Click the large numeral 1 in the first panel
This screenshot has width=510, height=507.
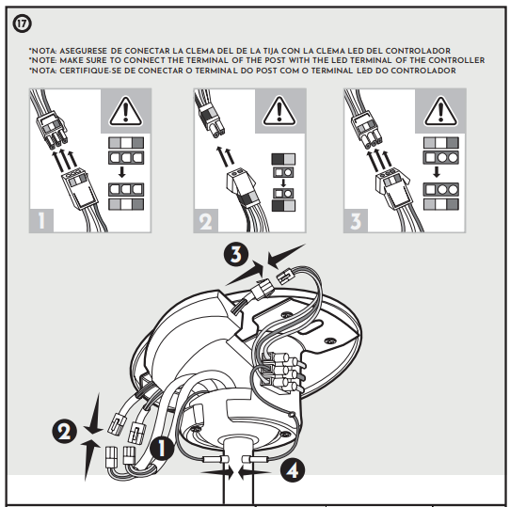[x=41, y=221]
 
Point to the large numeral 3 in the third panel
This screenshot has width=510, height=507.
[x=356, y=221]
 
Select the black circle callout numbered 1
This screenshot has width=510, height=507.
[x=162, y=449]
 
